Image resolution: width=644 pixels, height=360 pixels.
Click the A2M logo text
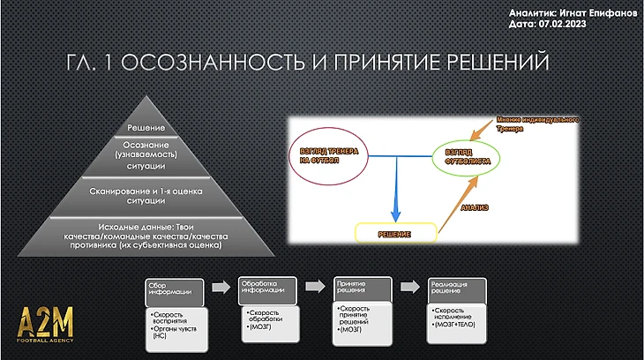[47, 319]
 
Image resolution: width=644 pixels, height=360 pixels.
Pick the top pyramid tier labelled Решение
[147, 129]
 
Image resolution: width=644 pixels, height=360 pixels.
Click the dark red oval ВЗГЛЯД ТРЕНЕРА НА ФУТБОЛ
[323, 157]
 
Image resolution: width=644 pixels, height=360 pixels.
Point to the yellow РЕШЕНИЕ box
[396, 232]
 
